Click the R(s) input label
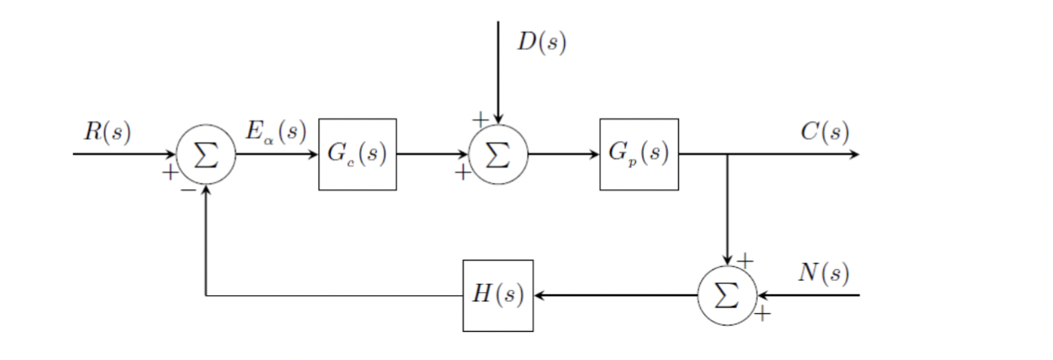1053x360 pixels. point(107,131)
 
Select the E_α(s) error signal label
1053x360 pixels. point(275,131)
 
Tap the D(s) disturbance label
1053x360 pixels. point(541,42)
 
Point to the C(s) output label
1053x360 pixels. point(824,131)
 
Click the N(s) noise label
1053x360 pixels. point(823,273)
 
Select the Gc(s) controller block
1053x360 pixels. point(357,154)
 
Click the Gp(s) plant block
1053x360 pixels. point(638,154)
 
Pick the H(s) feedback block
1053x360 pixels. point(498,296)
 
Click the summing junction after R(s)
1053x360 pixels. point(206,155)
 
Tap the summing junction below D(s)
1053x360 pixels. point(498,155)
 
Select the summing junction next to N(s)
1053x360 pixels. point(728,296)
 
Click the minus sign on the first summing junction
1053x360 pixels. point(188,189)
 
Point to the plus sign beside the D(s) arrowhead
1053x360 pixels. point(480,119)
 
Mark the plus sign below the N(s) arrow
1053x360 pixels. point(762,315)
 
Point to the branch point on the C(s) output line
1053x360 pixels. point(728,154)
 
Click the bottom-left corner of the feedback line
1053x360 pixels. point(206,296)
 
